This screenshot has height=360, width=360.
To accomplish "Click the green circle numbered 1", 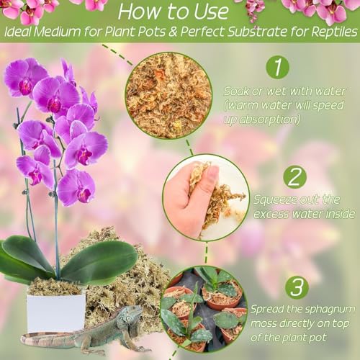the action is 278,67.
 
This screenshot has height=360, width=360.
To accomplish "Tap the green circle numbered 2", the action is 294,177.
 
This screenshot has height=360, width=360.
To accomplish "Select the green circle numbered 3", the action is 297,287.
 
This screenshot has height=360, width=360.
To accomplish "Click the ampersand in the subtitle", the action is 173,32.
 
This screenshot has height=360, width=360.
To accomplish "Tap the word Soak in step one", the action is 236,91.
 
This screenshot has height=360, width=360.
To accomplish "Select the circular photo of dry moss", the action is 168,95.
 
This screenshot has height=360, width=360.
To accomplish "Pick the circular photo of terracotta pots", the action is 203,310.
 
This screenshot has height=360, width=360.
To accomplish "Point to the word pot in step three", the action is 318,338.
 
